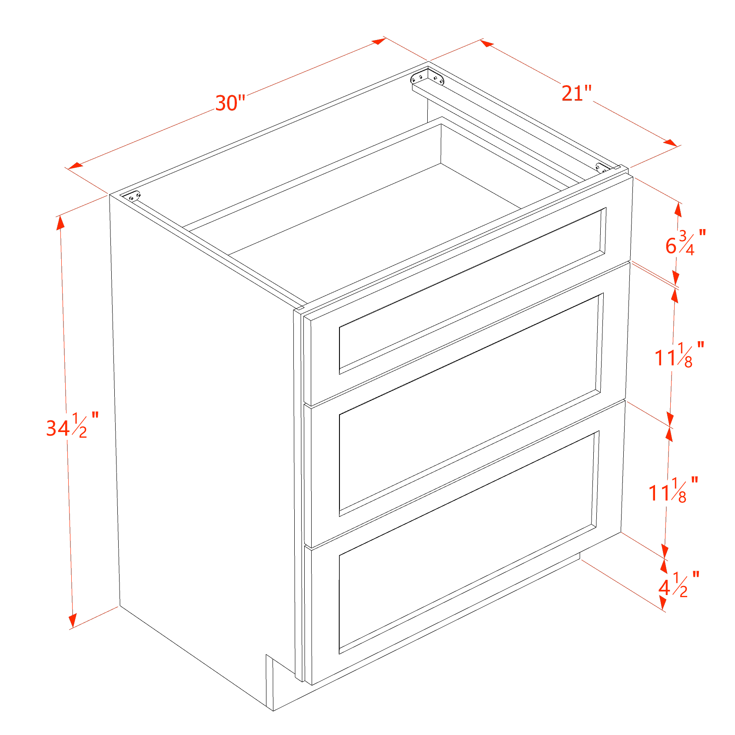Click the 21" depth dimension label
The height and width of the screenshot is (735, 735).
(x=577, y=93)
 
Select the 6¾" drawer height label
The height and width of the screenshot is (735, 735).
(x=685, y=242)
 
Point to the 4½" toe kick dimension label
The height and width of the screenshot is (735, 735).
(x=679, y=585)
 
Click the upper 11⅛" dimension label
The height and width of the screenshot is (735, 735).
(x=679, y=355)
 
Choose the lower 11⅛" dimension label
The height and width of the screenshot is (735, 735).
(x=673, y=490)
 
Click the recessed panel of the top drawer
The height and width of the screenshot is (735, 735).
(x=472, y=291)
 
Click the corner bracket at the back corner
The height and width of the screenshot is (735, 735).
(x=427, y=78)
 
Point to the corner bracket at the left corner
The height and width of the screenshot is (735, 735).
(x=133, y=196)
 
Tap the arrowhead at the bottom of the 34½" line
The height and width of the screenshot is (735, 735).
(x=73, y=621)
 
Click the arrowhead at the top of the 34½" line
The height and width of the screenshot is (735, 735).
(x=60, y=223)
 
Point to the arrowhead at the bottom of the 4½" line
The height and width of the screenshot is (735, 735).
(x=663, y=603)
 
